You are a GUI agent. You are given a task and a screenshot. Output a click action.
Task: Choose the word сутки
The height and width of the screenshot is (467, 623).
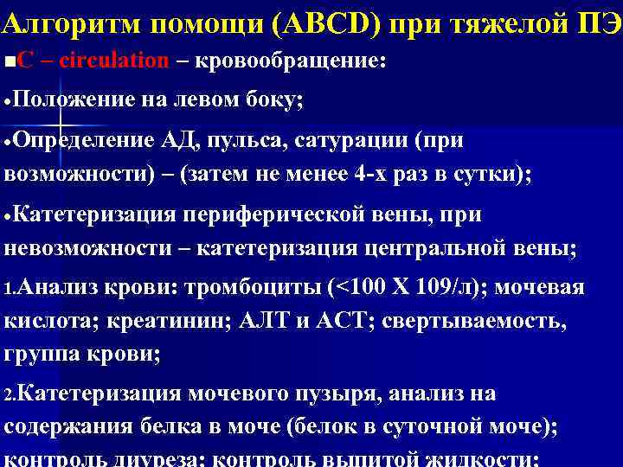click(497, 174)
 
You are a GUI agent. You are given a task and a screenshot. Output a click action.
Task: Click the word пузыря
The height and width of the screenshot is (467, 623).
click(333, 394)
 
